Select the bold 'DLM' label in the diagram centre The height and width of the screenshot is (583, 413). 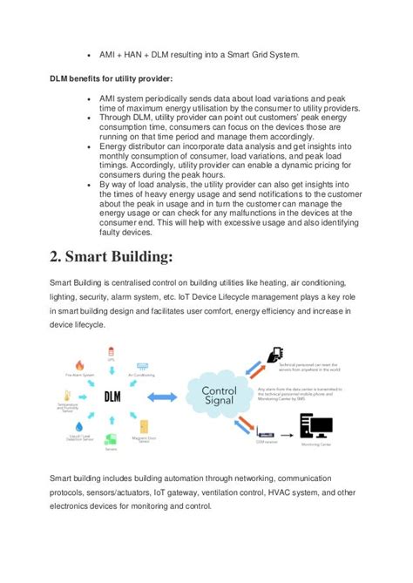pyautogui.click(x=112, y=397)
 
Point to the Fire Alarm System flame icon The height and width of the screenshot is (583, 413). pyautogui.click(x=79, y=366)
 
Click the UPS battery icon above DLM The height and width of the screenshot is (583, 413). pyautogui.click(x=111, y=352)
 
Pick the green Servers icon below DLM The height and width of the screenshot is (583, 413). pyautogui.click(x=111, y=439)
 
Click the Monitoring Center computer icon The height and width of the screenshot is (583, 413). pyautogui.click(x=315, y=426)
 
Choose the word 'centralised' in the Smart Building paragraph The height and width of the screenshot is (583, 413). pyautogui.click(x=135, y=283)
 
